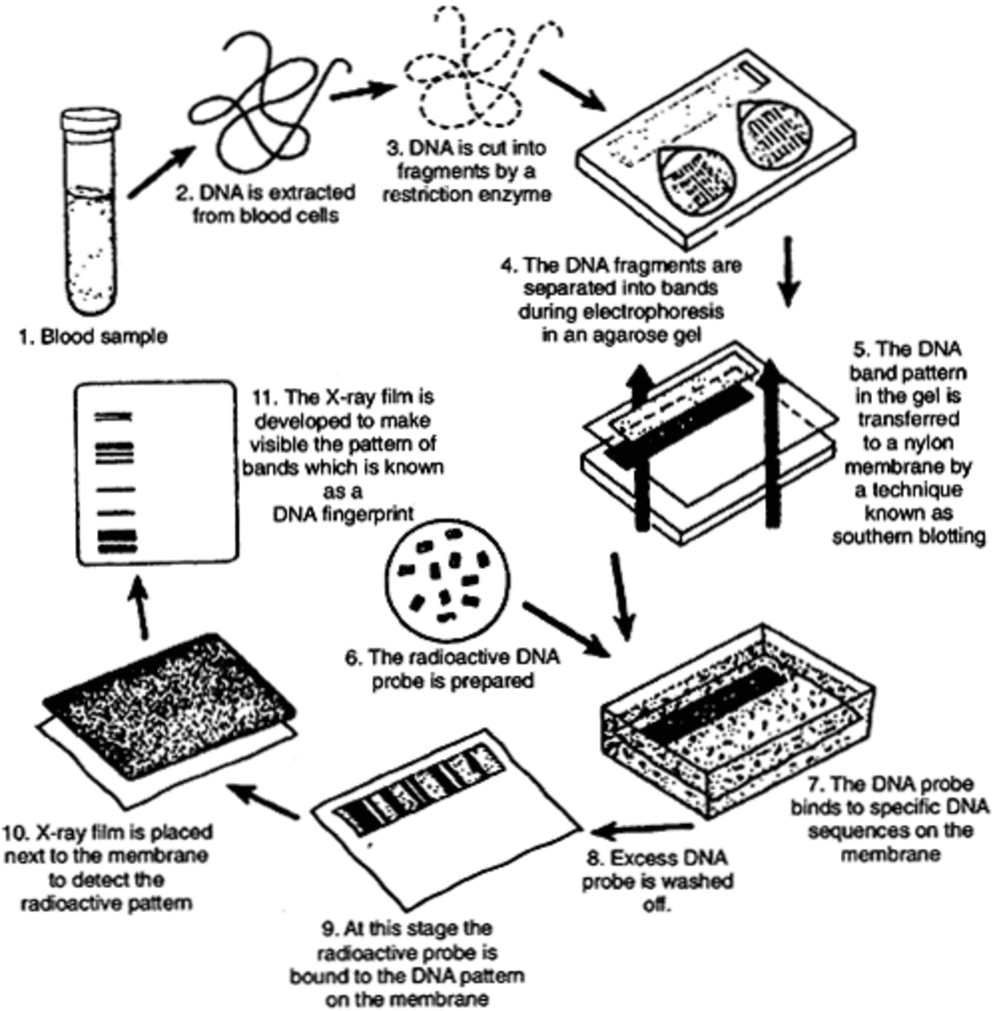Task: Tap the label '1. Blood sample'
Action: pyautogui.click(x=93, y=336)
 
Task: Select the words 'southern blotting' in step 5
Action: pyautogui.click(x=908, y=537)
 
